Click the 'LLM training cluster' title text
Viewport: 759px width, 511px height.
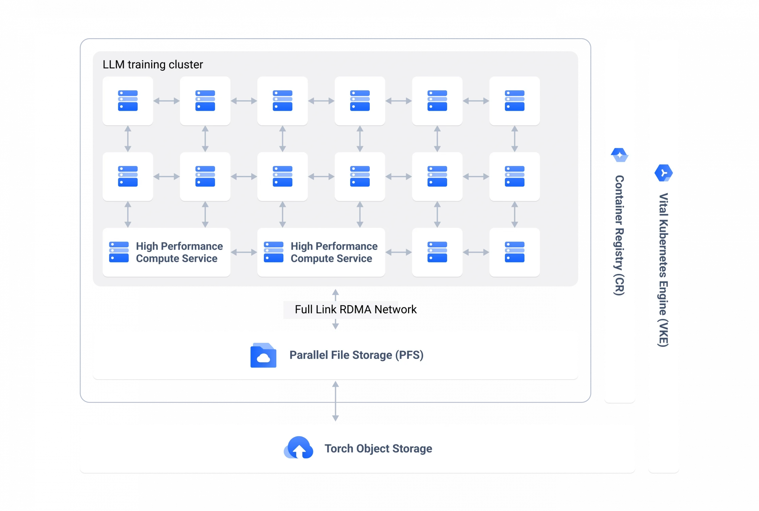[x=153, y=65]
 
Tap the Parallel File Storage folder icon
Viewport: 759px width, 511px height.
[x=263, y=355]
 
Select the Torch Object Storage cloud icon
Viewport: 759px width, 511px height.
[x=299, y=448]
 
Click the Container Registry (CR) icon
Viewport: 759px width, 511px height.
[x=619, y=155]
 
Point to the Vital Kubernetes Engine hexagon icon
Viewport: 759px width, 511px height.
[x=664, y=173]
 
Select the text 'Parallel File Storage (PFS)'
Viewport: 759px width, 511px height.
[x=356, y=355]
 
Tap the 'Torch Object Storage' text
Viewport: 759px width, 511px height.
[x=378, y=448]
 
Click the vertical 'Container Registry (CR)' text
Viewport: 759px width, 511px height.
[x=619, y=235]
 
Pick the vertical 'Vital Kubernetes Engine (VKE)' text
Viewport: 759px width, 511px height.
[x=664, y=270]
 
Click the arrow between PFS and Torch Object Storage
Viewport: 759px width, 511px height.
[x=335, y=401]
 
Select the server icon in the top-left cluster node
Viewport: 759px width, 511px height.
[x=127, y=101]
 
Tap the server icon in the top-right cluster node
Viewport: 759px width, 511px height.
[x=514, y=101]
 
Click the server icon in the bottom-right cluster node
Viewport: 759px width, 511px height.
[x=514, y=252]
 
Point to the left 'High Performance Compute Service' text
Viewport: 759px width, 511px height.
[x=179, y=252]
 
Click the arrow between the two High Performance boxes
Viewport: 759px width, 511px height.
[x=244, y=252]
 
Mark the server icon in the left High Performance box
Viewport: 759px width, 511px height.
[x=119, y=252]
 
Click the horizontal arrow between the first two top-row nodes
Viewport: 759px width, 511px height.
[x=166, y=101]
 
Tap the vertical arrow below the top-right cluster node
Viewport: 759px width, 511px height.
[x=514, y=139]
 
